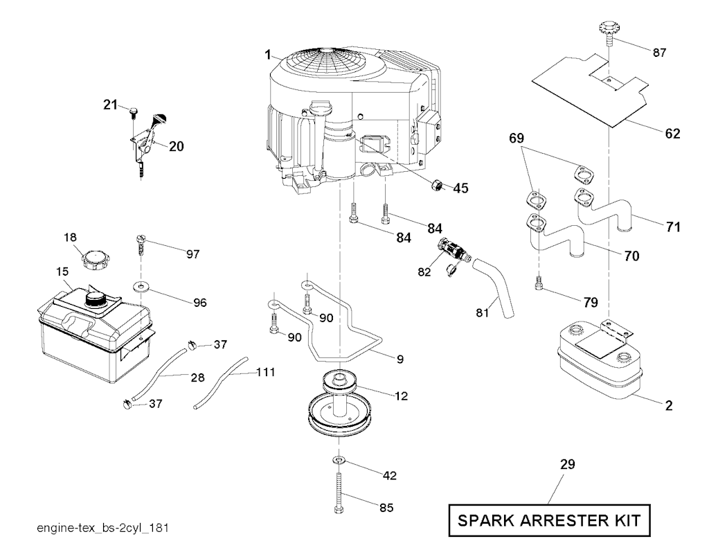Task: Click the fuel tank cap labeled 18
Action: (96, 261)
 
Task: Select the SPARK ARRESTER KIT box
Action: (550, 520)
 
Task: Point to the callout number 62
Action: (672, 133)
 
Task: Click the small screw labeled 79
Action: (539, 283)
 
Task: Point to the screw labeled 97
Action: (141, 245)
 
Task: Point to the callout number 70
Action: (631, 256)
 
